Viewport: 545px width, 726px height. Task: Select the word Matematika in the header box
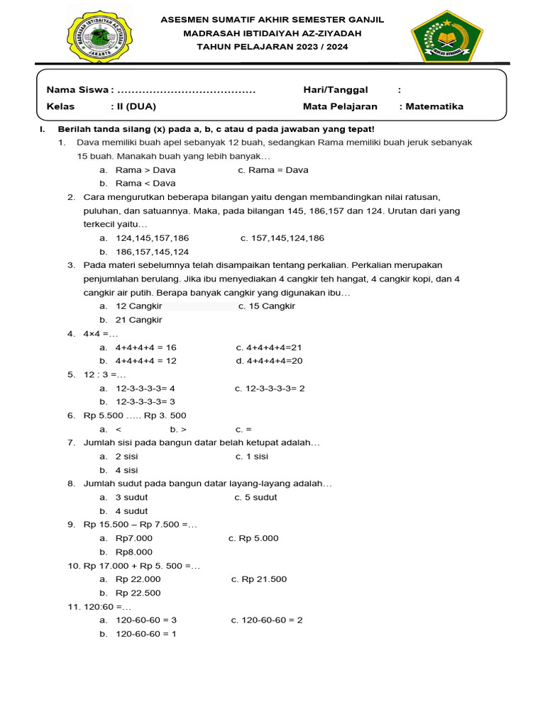click(x=434, y=106)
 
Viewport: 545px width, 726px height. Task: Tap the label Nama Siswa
click(x=78, y=89)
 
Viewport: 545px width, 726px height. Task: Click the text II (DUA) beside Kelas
click(x=133, y=106)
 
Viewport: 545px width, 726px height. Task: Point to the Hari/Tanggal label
click(x=335, y=89)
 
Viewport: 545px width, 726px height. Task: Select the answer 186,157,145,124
click(x=152, y=252)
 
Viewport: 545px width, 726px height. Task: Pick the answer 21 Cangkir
click(x=138, y=320)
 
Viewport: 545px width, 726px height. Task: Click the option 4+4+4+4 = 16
click(x=145, y=347)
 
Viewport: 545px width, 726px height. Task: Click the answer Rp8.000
click(x=134, y=552)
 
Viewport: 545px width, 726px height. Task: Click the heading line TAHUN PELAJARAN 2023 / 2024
click(x=272, y=47)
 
